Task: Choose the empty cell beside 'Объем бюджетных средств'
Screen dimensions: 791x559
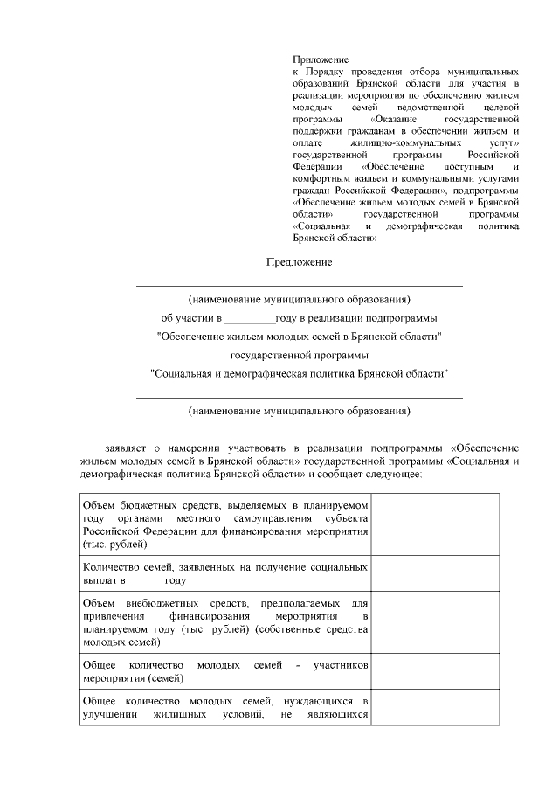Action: [x=435, y=524]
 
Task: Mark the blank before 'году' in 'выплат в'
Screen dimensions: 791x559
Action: [x=144, y=580]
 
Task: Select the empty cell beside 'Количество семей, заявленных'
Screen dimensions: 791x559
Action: [x=435, y=574]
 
